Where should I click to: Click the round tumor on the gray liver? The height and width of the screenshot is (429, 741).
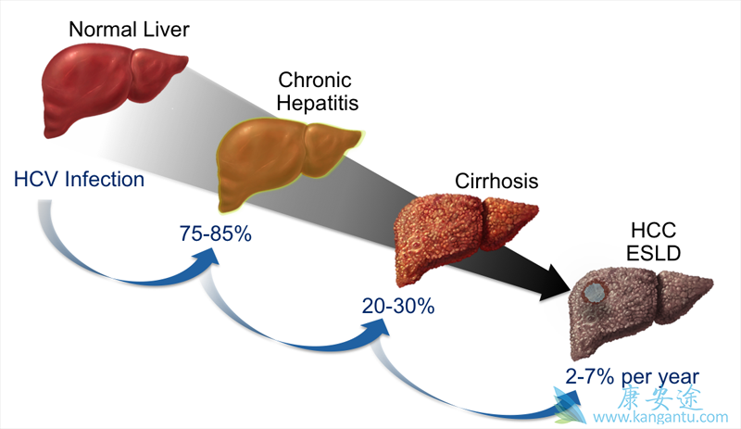pyautogui.click(x=594, y=294)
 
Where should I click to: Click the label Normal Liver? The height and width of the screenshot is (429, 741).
pyautogui.click(x=130, y=30)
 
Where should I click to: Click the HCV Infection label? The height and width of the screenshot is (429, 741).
pyautogui.click(x=80, y=179)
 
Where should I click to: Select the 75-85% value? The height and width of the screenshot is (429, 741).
pyautogui.click(x=216, y=233)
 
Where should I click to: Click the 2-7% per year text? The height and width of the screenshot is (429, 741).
pyautogui.click(x=632, y=375)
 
